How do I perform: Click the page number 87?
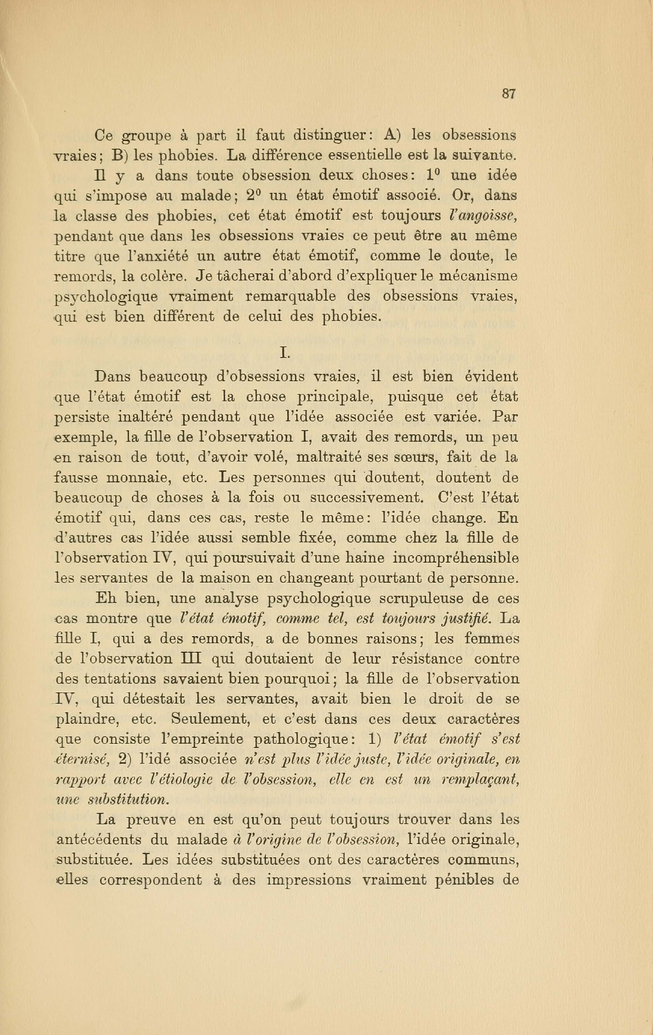tap(509, 94)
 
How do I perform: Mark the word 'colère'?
tap(162, 276)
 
